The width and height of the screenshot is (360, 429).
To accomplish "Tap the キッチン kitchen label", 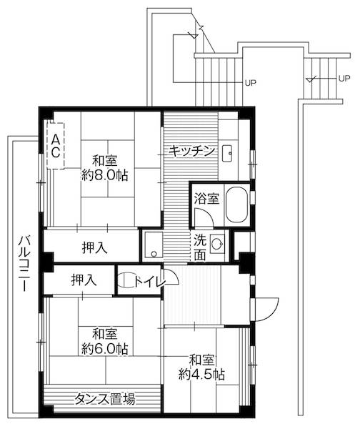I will click(x=192, y=151).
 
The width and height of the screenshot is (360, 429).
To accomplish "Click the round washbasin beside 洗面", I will click(x=220, y=242).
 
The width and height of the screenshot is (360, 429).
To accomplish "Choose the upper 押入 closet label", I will click(x=94, y=248).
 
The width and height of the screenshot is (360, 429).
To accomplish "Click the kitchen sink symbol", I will click(x=229, y=152).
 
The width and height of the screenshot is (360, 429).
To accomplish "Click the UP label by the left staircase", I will click(x=250, y=83).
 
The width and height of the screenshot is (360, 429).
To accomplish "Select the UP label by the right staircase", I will click(x=343, y=77).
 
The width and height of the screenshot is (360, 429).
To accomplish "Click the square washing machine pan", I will click(x=154, y=245).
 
